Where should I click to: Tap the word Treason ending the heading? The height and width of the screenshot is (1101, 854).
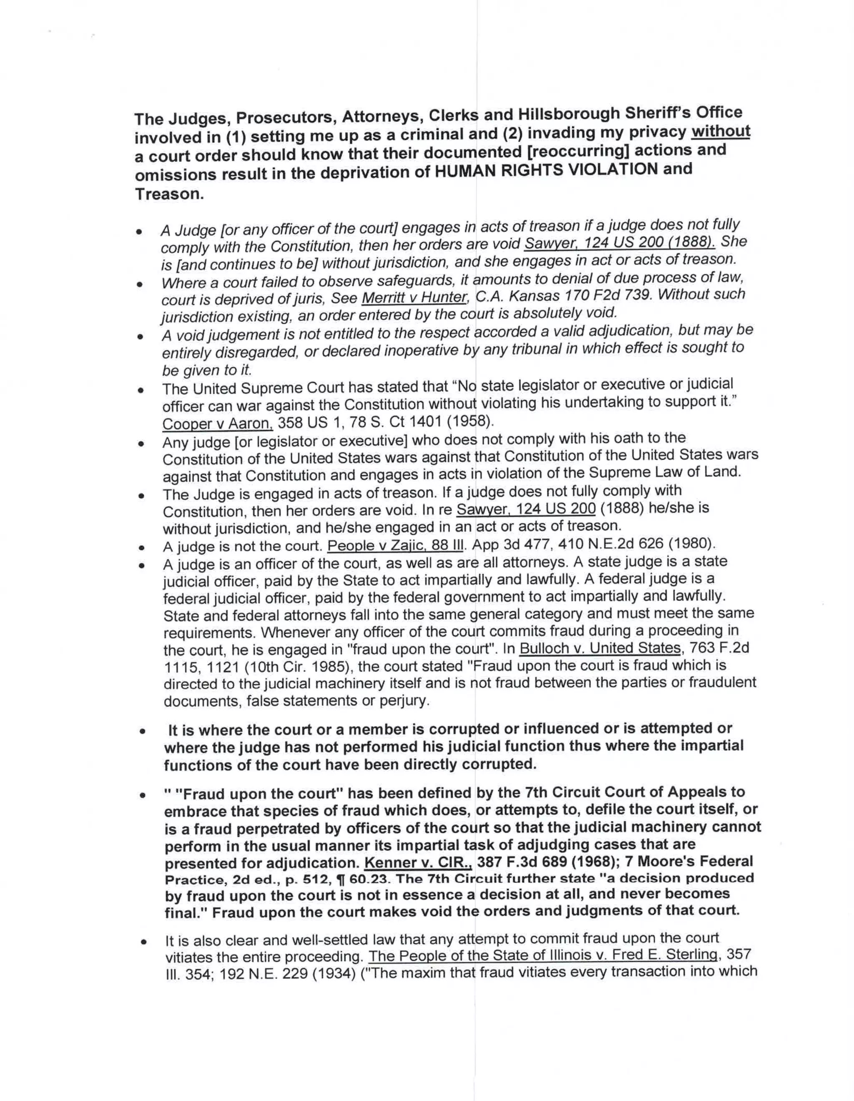pyautogui.click(x=169, y=194)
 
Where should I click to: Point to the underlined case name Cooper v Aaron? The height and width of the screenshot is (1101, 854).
pyautogui.click(x=217, y=423)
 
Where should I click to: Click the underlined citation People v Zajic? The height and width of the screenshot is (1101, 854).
pyautogui.click(x=395, y=545)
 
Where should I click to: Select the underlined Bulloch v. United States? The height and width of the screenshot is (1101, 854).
pyautogui.click(x=600, y=648)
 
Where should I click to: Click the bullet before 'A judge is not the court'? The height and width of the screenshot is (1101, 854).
pyautogui.click(x=143, y=547)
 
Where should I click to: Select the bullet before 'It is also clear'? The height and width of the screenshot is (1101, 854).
pyautogui.click(x=144, y=941)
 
